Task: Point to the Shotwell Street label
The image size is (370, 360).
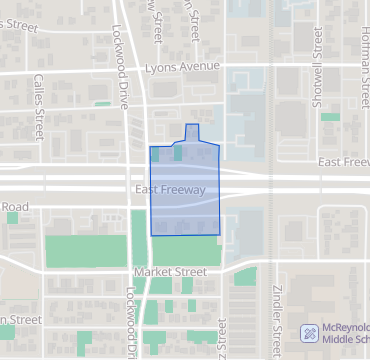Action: (x=317, y=56)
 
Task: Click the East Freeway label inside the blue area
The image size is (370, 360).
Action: (x=168, y=189)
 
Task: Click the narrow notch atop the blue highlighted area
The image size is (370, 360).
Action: (x=193, y=131)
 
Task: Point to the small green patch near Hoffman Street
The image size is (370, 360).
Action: (x=330, y=117)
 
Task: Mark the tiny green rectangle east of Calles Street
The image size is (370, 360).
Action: (x=102, y=103)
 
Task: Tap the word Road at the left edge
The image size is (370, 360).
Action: (x=14, y=207)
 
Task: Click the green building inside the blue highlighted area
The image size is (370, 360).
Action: (x=178, y=154)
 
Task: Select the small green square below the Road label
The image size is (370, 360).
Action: (x=13, y=217)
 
